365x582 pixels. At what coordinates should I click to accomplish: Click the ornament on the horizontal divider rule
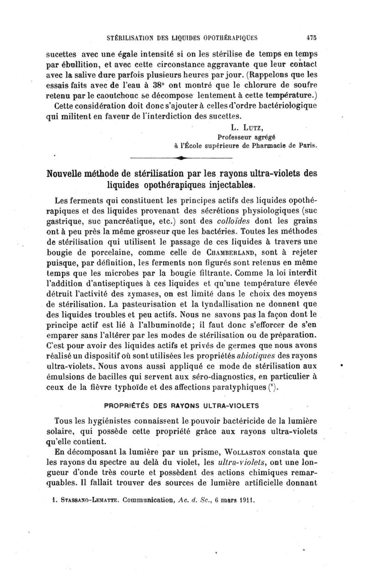point(182,158)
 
